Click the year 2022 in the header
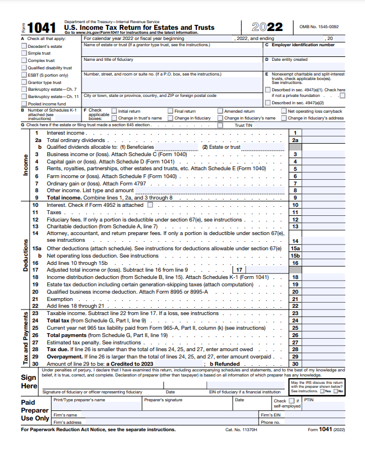click(267, 27)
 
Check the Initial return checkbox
click(114, 111)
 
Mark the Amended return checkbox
click(220, 111)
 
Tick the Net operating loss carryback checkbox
click(283, 111)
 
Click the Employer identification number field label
click(303, 45)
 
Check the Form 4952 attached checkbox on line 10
click(150, 205)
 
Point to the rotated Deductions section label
click(25, 255)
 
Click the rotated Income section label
click(25, 165)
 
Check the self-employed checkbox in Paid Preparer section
click(291, 401)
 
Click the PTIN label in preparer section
click(309, 400)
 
